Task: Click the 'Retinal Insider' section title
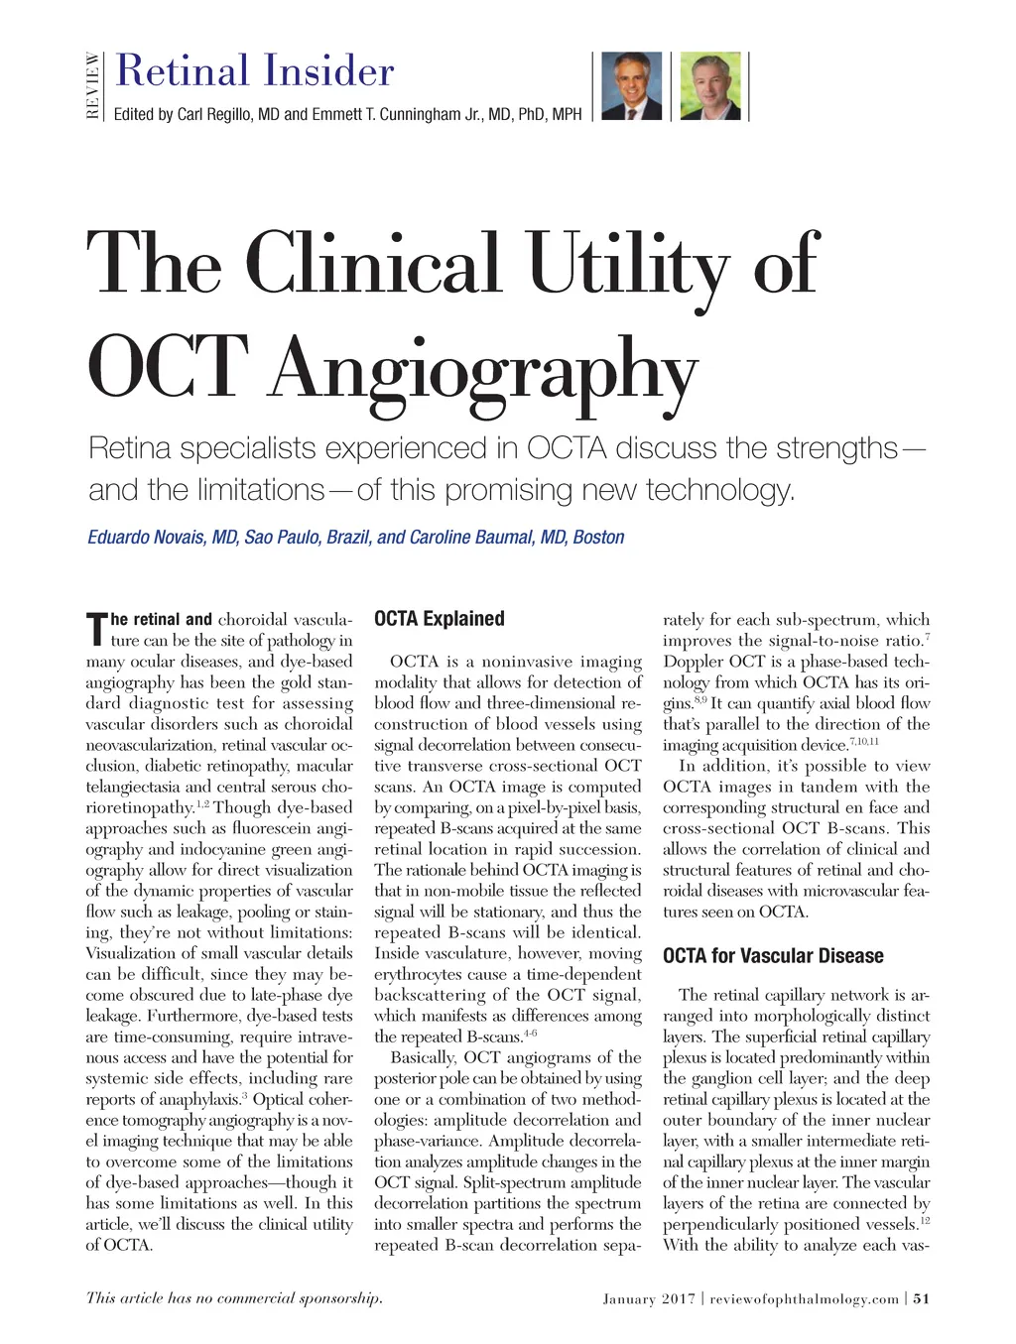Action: click(x=255, y=71)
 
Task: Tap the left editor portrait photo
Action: click(x=632, y=85)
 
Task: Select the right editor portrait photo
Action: click(x=710, y=85)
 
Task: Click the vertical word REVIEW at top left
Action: click(x=93, y=85)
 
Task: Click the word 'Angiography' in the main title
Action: click(x=483, y=370)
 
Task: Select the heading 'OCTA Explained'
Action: click(x=439, y=619)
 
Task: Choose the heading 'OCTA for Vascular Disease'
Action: click(x=773, y=956)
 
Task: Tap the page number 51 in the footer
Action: click(x=921, y=1298)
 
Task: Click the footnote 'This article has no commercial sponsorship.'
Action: click(x=234, y=1297)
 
